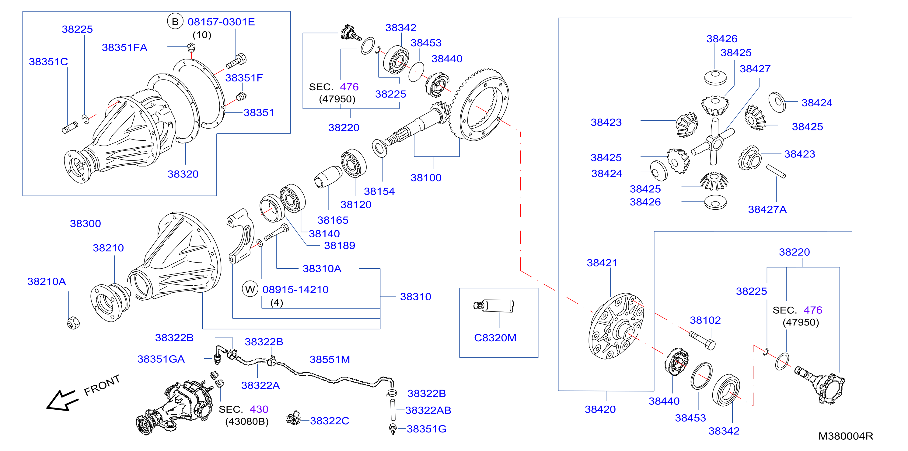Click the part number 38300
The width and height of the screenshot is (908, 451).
(85, 224)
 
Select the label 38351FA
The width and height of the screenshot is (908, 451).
(124, 47)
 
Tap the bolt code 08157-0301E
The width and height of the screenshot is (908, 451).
(221, 22)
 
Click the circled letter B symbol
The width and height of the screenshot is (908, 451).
(175, 22)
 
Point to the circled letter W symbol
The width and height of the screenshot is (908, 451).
(250, 289)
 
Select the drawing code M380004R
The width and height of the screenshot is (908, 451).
(846, 436)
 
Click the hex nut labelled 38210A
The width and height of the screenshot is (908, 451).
(73, 323)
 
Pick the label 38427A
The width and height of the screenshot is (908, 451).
(767, 209)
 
